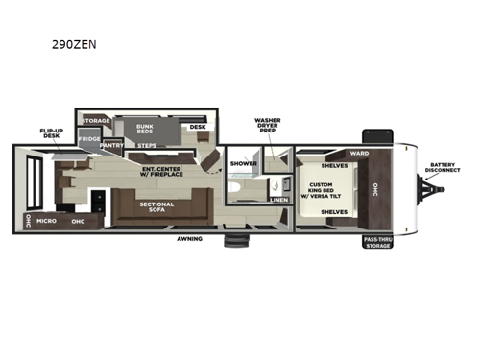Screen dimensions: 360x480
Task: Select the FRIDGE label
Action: coord(89,139)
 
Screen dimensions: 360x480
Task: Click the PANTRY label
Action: coord(113,146)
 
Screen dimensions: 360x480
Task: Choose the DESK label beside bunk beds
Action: coord(197,127)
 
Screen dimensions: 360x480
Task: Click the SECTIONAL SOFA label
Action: coord(156,207)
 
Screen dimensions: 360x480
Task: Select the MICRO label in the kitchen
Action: coord(46,220)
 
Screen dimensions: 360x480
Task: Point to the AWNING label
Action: coord(188,237)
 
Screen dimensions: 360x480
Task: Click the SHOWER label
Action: coord(244,163)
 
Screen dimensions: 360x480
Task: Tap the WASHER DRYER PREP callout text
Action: coord(267,127)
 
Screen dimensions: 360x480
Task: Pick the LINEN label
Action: coord(277,199)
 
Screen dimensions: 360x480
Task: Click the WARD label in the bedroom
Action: coord(359,153)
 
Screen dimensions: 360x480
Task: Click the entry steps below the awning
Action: coord(235,240)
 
